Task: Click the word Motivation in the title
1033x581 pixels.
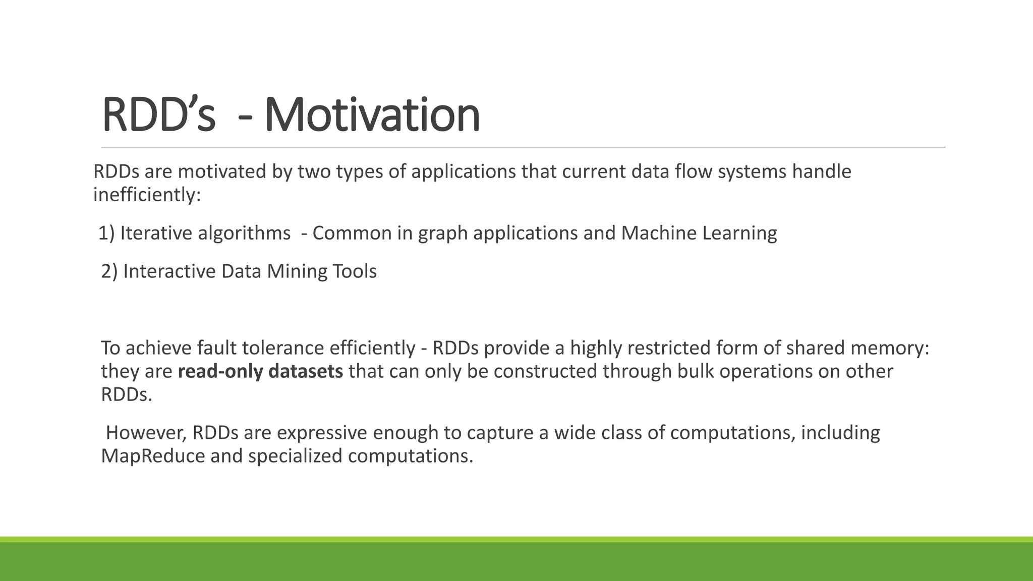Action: (372, 115)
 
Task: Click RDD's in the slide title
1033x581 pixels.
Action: (158, 115)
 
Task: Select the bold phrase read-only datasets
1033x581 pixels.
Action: (260, 372)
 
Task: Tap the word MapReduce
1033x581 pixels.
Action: (153, 456)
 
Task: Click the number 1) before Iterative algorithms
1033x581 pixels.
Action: (106, 234)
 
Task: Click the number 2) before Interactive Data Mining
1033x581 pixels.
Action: (109, 272)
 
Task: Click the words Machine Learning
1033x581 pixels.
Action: (699, 234)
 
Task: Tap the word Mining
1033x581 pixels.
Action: (297, 272)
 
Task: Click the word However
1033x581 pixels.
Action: (147, 433)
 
